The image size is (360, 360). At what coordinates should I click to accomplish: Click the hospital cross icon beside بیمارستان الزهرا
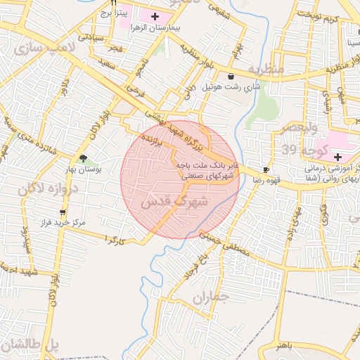pyautogui.click(x=155, y=15)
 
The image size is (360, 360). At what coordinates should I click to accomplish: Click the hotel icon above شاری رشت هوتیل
pyautogui.click(x=231, y=76)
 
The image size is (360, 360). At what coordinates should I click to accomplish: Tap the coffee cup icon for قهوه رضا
pyautogui.click(x=266, y=169)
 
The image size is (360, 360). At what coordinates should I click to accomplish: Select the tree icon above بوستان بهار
pyautogui.click(x=84, y=158)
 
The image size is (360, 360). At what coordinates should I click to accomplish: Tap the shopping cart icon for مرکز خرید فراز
pyautogui.click(x=63, y=212)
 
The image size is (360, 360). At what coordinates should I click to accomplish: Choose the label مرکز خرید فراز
pyautogui.click(x=63, y=222)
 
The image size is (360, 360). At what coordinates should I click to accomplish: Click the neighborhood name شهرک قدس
pyautogui.click(x=174, y=201)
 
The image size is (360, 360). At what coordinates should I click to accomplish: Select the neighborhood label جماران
pyautogui.click(x=210, y=298)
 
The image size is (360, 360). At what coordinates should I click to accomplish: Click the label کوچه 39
pyautogui.click(x=298, y=150)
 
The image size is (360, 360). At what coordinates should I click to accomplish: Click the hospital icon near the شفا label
pyautogui.click(x=338, y=156)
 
